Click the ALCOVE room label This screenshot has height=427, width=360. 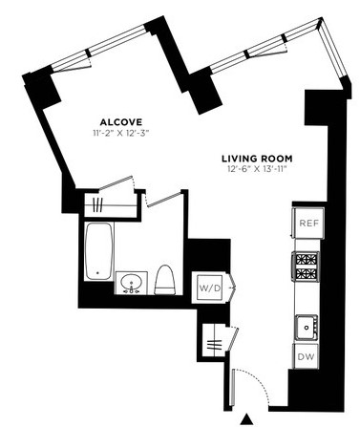[x=121, y=122]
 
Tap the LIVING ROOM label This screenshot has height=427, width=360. [x=257, y=159]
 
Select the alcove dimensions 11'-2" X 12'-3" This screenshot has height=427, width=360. [x=121, y=133]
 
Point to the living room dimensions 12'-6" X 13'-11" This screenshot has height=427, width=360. [x=257, y=169]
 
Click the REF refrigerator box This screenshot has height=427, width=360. [x=308, y=223]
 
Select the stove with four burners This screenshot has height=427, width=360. [x=306, y=266]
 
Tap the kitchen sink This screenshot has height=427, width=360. [x=307, y=328]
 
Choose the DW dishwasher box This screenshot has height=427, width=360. [x=306, y=356]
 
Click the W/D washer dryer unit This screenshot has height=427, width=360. [x=210, y=288]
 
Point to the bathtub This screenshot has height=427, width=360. [x=98, y=251]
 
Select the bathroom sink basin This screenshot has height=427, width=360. [x=131, y=283]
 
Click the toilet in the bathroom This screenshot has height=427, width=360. [x=165, y=280]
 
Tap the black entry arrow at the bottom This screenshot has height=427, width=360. [x=246, y=418]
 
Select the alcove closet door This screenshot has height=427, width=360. [x=116, y=183]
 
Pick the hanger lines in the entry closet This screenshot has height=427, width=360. [x=214, y=345]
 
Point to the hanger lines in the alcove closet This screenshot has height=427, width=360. [x=97, y=205]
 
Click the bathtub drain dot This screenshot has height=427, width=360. [x=97, y=273]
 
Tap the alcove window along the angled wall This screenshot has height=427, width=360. [x=101, y=47]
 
